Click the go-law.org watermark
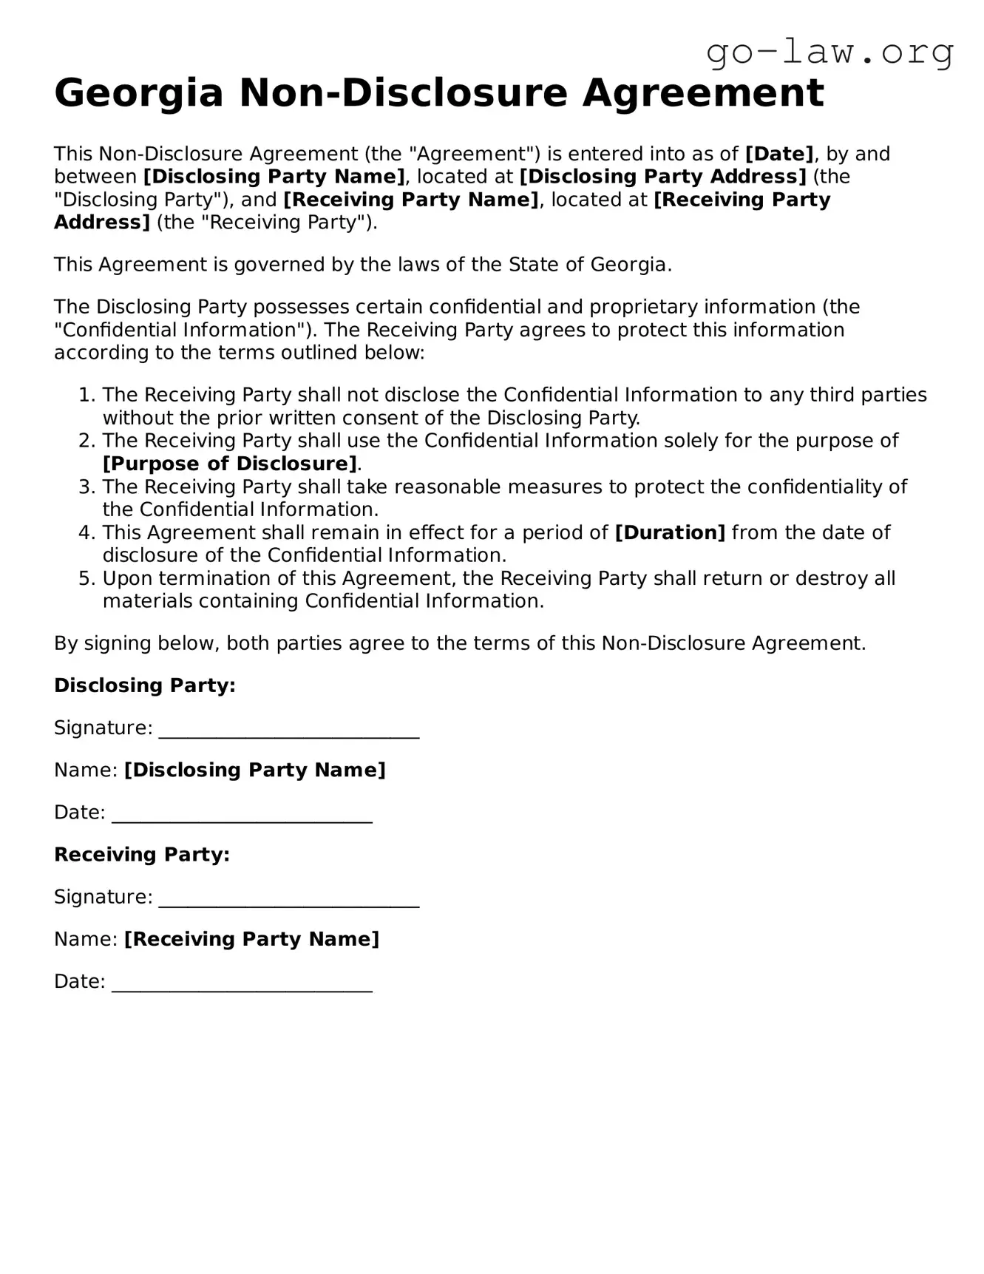(829, 53)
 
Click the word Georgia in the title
(139, 94)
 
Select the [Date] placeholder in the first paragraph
(779, 154)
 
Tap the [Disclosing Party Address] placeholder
(662, 177)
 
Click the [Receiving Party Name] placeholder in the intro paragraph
(410, 200)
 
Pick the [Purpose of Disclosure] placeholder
(230, 464)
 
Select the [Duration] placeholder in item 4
(670, 532)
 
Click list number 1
(86, 395)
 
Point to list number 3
(86, 487)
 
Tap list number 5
(86, 578)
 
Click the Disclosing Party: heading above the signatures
(145, 685)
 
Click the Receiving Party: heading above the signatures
(142, 855)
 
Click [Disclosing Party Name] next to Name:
(255, 770)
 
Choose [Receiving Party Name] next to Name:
(251, 939)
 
